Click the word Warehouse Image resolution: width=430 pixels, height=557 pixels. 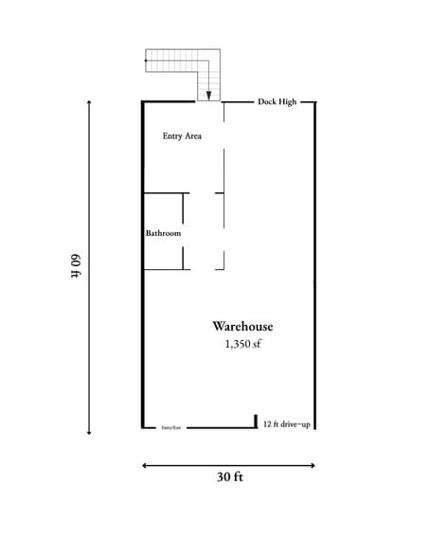(x=242, y=326)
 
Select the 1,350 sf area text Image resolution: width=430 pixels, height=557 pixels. (x=242, y=344)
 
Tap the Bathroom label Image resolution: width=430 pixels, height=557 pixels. (x=163, y=232)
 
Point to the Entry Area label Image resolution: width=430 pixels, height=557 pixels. (x=182, y=135)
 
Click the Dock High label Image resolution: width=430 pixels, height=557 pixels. (x=278, y=101)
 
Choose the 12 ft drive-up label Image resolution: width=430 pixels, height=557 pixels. (x=286, y=424)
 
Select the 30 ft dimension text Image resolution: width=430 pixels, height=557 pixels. (x=229, y=477)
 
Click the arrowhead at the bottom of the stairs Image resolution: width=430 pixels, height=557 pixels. (x=208, y=95)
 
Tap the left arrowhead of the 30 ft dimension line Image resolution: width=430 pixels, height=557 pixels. (x=145, y=465)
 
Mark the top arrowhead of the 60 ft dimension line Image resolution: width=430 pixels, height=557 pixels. (x=89, y=102)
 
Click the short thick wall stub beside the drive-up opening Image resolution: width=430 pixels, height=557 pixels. (x=256, y=421)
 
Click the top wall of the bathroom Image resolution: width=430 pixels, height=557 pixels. (x=163, y=193)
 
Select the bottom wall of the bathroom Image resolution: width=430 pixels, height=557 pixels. (x=163, y=270)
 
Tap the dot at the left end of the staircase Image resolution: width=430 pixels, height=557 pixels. (x=145, y=61)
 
